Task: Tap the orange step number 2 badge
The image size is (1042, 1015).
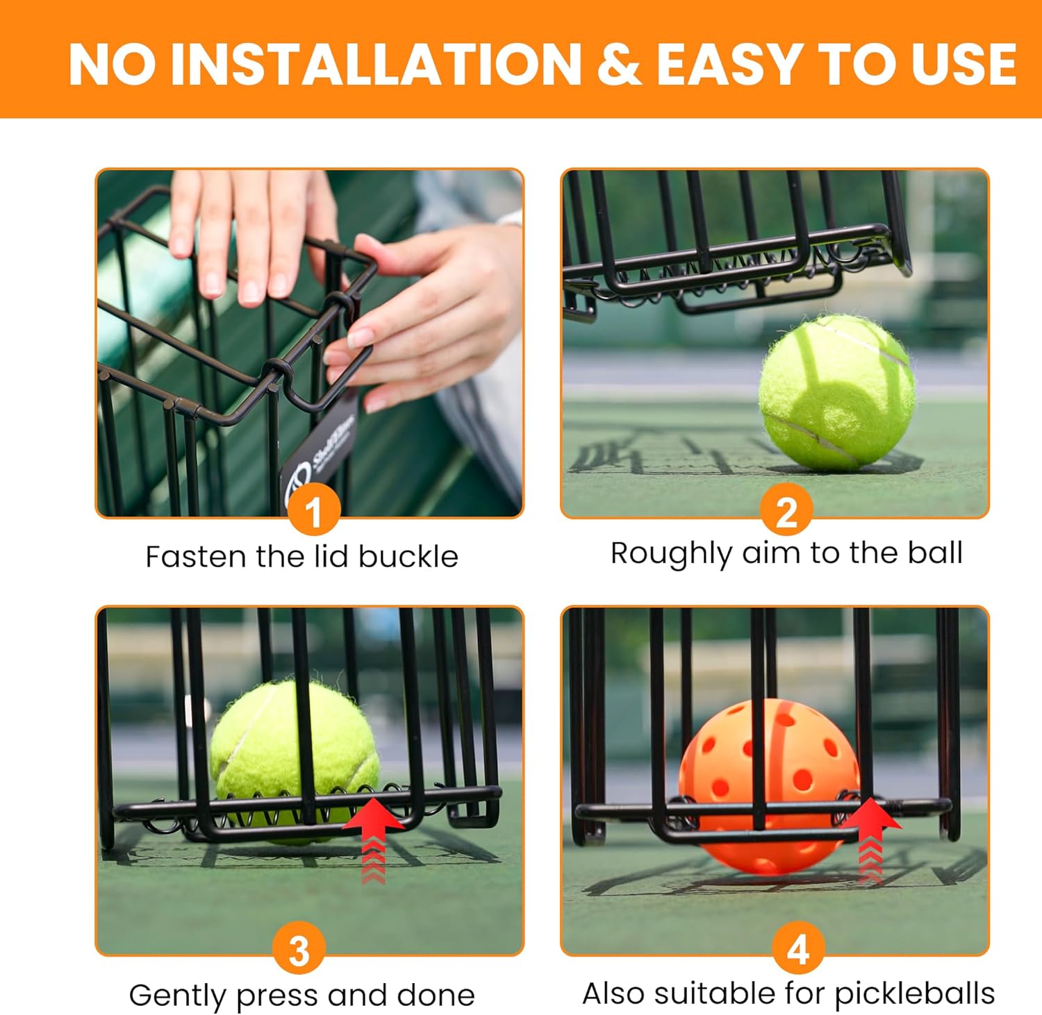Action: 786,511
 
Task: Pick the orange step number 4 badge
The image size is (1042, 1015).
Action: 798,948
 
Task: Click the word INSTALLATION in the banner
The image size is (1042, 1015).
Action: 375,65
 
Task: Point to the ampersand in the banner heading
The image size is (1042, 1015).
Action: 618,65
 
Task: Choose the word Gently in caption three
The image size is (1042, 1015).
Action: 178,996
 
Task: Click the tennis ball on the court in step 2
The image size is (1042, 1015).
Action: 836,392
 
